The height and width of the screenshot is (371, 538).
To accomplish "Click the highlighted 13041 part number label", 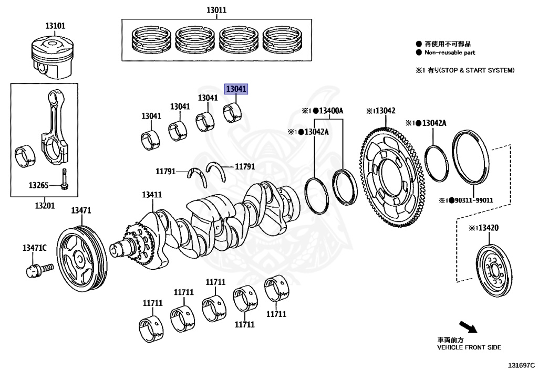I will click(236, 89).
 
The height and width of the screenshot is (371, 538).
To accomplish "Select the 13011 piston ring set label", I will click(216, 10).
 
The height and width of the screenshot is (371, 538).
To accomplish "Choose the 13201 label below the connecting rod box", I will click(45, 206).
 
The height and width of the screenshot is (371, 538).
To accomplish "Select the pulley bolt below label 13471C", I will click(38, 270).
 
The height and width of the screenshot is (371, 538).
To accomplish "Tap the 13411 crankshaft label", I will click(151, 195).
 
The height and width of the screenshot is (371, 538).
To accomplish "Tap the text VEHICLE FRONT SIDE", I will click(469, 347).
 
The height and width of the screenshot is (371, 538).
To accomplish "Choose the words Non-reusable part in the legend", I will click(450, 52).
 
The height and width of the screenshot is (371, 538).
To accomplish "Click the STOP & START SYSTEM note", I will click(477, 70).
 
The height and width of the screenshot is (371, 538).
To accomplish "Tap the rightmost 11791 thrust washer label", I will click(244, 166).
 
